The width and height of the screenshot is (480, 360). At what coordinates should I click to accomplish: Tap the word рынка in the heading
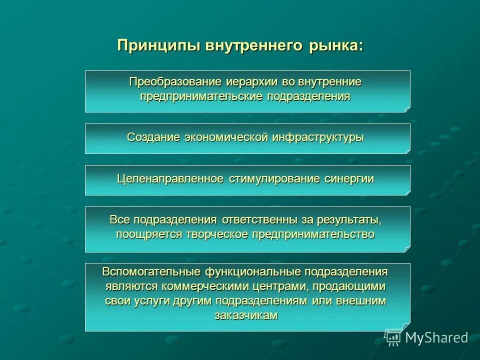pos(334,45)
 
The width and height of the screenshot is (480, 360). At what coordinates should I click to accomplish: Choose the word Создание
pos(154,137)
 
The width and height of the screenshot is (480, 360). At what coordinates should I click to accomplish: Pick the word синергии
pos(349,179)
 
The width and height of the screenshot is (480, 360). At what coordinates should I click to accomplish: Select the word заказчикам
pos(246,315)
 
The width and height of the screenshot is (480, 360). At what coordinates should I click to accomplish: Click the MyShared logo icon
pos(393,337)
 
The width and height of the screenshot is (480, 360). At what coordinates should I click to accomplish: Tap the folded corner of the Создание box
pos(407,151)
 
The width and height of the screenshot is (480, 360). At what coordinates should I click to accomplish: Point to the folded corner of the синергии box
pos(407,192)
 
